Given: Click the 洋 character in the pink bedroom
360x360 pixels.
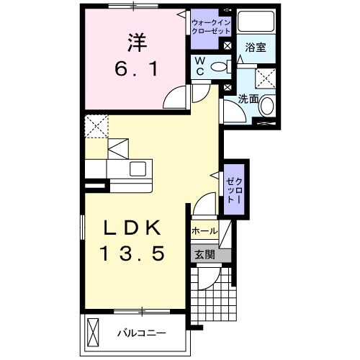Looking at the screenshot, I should pos(138,42).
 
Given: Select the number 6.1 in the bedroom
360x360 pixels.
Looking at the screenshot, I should pos(138,70).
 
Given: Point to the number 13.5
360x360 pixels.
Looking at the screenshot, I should pos(133,253).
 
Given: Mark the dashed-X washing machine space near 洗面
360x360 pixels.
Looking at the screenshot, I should pos(266,78).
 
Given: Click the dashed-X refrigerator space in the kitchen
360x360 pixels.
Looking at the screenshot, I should pos(96,127).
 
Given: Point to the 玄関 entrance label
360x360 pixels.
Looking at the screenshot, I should pos(203,254).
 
